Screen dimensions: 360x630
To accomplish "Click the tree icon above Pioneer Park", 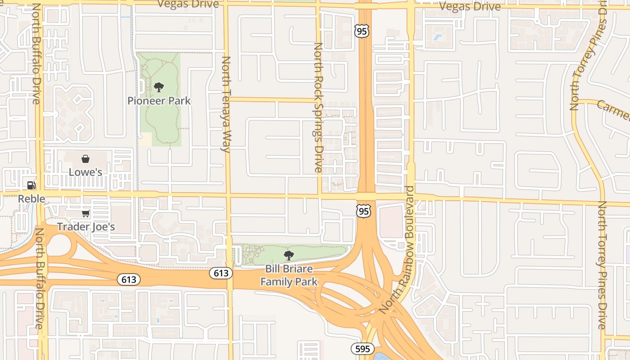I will [x=158, y=87].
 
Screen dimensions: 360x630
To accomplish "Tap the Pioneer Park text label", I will [x=159, y=101].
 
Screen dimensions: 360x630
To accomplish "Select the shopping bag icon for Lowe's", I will [x=85, y=159].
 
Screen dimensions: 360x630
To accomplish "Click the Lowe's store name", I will [x=85, y=172].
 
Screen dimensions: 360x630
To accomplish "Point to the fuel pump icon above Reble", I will [x=31, y=185].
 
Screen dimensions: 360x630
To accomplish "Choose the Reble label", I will [x=31, y=198].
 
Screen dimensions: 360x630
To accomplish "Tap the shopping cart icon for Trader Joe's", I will [x=85, y=213].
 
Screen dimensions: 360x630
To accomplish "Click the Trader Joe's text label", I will [x=85, y=226].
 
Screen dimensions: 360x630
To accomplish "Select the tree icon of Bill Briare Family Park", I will [x=289, y=256].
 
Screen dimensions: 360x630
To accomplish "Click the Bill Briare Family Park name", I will [x=289, y=275].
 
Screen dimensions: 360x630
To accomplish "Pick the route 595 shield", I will [x=362, y=349].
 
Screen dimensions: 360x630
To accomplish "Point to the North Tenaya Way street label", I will [x=226, y=104].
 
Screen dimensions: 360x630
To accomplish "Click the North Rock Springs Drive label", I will [x=318, y=108].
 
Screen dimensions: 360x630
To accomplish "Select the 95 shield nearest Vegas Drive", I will [x=361, y=31].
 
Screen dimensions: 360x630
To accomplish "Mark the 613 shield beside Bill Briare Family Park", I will [x=220, y=273].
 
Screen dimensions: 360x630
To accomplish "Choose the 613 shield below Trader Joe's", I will [x=129, y=279].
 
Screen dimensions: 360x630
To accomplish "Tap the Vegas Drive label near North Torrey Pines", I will [x=469, y=6].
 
